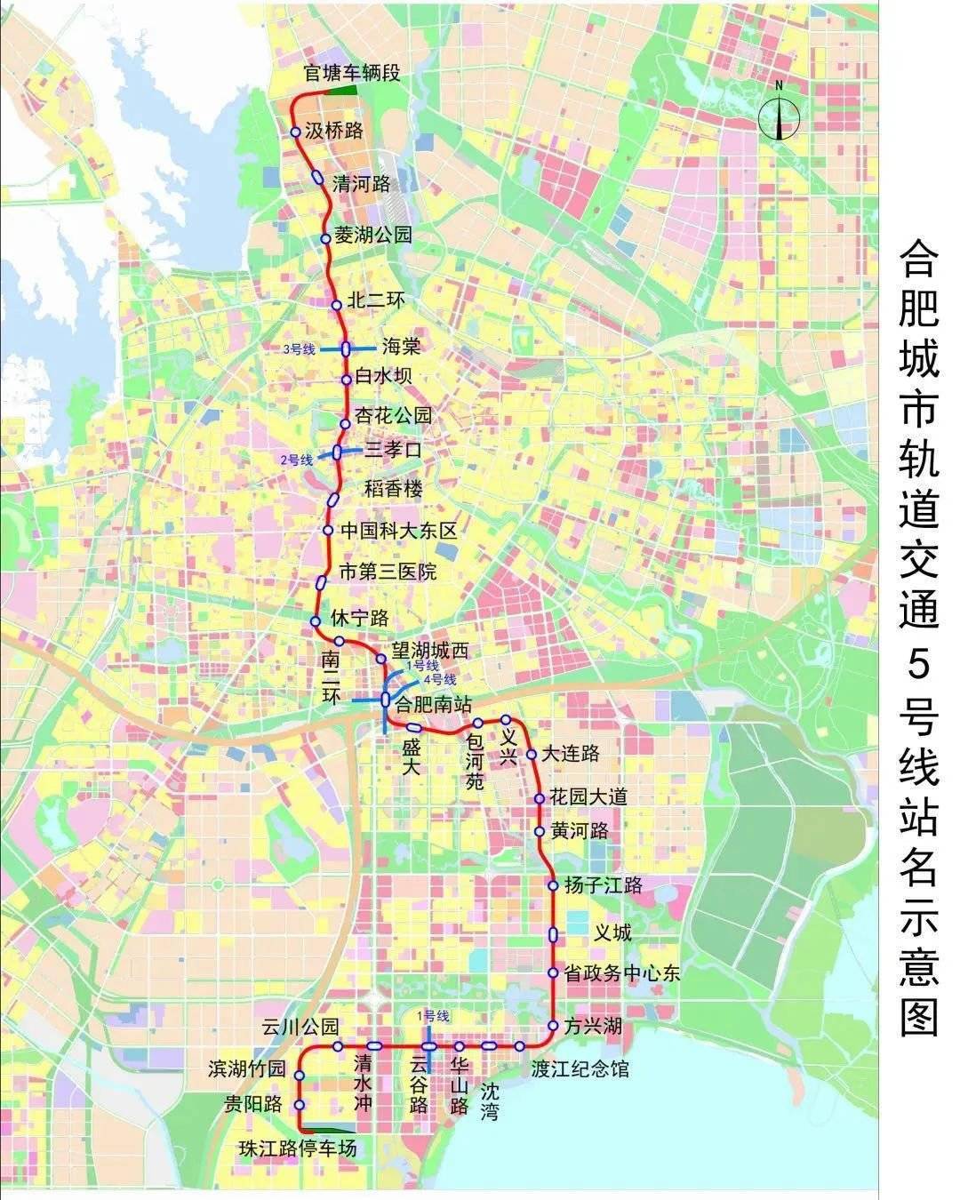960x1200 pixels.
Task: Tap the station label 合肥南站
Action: [432, 705]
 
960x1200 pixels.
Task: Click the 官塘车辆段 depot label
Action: [352, 73]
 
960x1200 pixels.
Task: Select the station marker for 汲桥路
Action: [296, 132]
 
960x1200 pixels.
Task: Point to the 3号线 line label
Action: [300, 349]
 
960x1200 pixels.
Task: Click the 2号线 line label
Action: [297, 460]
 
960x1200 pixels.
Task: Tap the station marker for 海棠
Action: [346, 349]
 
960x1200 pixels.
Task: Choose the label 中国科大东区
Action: [399, 531]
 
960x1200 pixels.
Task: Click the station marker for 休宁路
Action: [315, 620]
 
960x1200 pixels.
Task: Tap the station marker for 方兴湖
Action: [553, 1026]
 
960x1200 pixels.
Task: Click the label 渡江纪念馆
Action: [580, 1068]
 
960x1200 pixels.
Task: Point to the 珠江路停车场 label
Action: [298, 1148]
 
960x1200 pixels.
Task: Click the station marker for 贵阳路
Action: [300, 1105]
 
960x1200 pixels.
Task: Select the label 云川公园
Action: [300, 1027]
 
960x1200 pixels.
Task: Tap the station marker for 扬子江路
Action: [553, 885]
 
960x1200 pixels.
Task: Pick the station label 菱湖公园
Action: [373, 236]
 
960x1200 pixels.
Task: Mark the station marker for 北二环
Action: [337, 305]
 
